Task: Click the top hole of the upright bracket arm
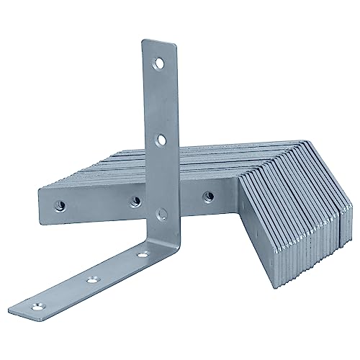(158, 65)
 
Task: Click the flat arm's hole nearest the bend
(143, 253)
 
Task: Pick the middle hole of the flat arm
(92, 277)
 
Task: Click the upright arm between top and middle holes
(159, 101)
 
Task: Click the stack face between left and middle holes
(94, 202)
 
